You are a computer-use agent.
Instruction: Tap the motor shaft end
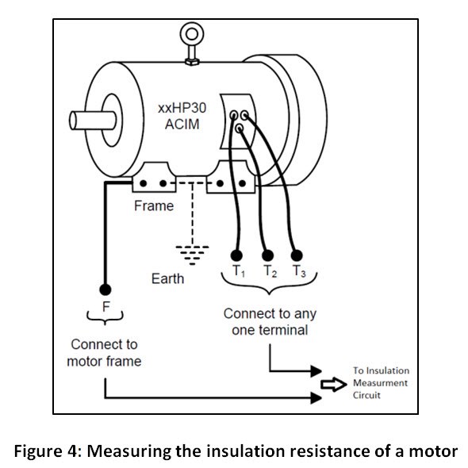click(73, 121)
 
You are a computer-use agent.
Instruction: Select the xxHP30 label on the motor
click(182, 108)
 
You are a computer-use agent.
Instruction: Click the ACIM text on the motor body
click(182, 125)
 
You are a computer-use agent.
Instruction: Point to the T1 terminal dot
click(236, 255)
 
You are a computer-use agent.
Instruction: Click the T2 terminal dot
click(267, 255)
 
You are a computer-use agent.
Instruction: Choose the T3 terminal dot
click(297, 255)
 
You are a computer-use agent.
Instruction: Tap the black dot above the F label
click(105, 290)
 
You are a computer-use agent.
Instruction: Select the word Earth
click(167, 278)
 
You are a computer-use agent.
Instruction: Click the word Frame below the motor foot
click(154, 205)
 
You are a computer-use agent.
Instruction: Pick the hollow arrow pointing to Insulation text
click(334, 385)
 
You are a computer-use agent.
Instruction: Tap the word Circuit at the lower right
click(366, 395)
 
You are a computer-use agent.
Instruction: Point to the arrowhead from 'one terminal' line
click(316, 371)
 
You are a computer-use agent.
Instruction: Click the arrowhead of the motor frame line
click(316, 398)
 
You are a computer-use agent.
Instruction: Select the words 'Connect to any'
click(270, 314)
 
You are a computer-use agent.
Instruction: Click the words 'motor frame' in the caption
click(104, 362)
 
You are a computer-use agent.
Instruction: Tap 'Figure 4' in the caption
click(46, 451)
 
